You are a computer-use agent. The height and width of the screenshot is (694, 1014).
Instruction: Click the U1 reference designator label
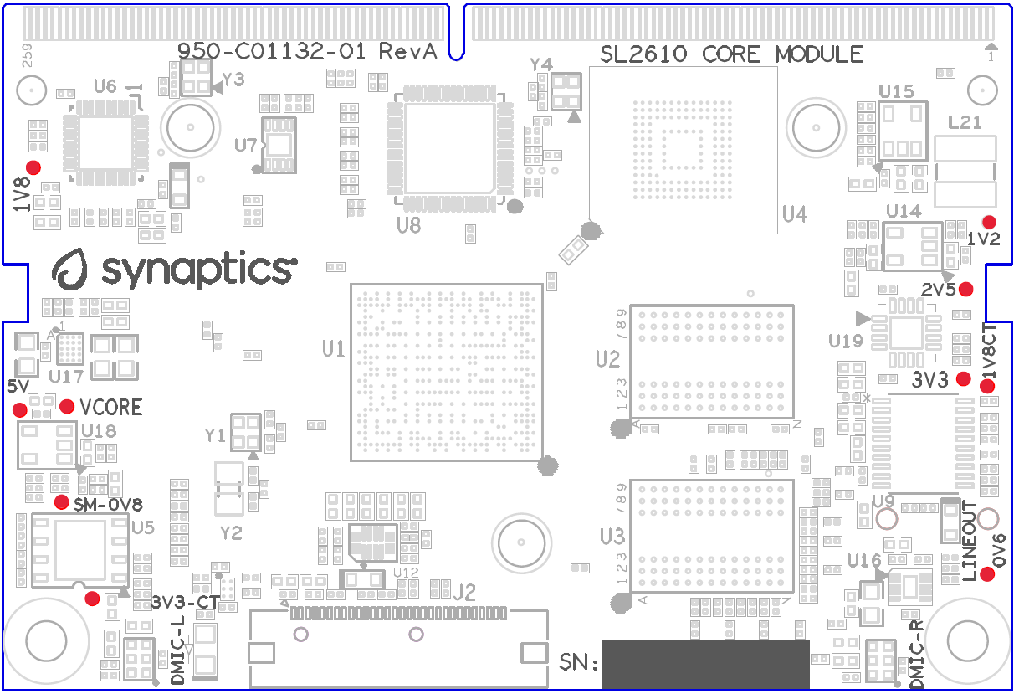click(x=334, y=349)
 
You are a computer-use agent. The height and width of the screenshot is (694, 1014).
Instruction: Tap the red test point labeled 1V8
click(x=33, y=167)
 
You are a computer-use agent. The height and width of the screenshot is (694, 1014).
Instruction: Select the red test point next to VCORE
click(x=67, y=407)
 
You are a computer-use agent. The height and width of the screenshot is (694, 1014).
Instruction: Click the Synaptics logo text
click(x=198, y=270)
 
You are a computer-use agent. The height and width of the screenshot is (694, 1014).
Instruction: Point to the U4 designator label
click(x=795, y=215)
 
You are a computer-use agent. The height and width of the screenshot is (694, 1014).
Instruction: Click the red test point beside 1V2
click(x=989, y=223)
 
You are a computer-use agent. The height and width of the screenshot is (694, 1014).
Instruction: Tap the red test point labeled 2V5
click(x=966, y=290)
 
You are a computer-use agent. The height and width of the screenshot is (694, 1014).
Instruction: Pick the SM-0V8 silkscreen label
click(x=108, y=505)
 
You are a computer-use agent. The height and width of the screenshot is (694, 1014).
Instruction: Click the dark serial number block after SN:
click(x=704, y=664)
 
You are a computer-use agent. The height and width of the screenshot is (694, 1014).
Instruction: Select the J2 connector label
click(x=464, y=594)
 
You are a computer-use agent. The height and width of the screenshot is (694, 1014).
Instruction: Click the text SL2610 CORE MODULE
click(x=732, y=55)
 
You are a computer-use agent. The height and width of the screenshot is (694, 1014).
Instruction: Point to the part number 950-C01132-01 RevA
click(x=308, y=51)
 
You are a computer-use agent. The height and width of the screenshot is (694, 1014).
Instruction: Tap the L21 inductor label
click(x=965, y=123)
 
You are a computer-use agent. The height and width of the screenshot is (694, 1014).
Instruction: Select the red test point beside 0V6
click(x=988, y=574)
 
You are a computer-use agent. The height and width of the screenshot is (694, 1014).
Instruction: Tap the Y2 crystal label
click(x=231, y=533)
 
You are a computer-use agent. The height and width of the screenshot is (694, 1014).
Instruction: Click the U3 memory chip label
click(x=612, y=535)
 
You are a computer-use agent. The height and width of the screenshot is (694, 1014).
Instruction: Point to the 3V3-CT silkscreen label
click(x=186, y=602)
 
